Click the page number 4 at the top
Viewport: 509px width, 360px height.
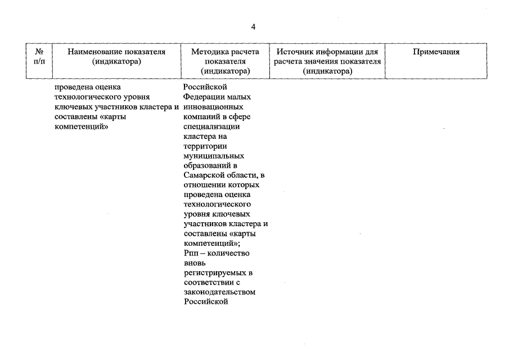tap(254, 26)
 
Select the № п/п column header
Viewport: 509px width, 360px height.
tap(40, 56)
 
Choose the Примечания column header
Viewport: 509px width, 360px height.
tap(436, 52)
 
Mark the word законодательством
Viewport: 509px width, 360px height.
tap(219, 292)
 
